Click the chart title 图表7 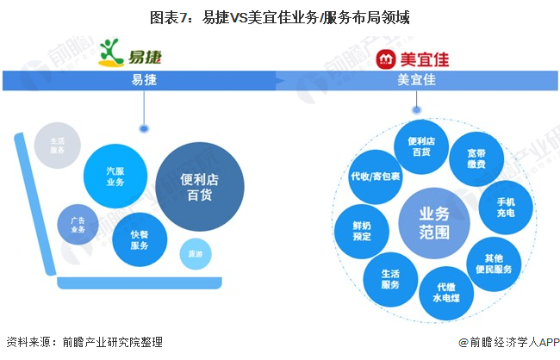point(280,16)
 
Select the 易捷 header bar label point(143,80)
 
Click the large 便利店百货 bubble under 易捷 point(200,187)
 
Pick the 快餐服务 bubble point(139,239)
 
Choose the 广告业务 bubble point(78,224)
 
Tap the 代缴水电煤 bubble point(445,292)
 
